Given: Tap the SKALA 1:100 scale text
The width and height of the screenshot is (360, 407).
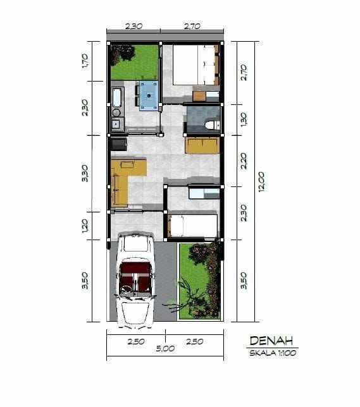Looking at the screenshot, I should pos(271,354).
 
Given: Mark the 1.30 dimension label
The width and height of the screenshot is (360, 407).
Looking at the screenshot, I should pos(244,119).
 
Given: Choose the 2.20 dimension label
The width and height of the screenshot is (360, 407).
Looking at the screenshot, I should pos(244,161).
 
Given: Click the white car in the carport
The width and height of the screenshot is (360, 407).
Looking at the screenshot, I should pos(136,278).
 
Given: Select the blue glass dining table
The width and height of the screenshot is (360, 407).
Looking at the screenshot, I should pos(150,96).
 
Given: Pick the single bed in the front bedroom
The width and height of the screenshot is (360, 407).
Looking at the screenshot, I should pos(193,226).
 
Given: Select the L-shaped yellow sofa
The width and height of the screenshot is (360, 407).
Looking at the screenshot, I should pos(123,179).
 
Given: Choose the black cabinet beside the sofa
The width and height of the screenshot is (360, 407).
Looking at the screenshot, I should pos(118,144).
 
